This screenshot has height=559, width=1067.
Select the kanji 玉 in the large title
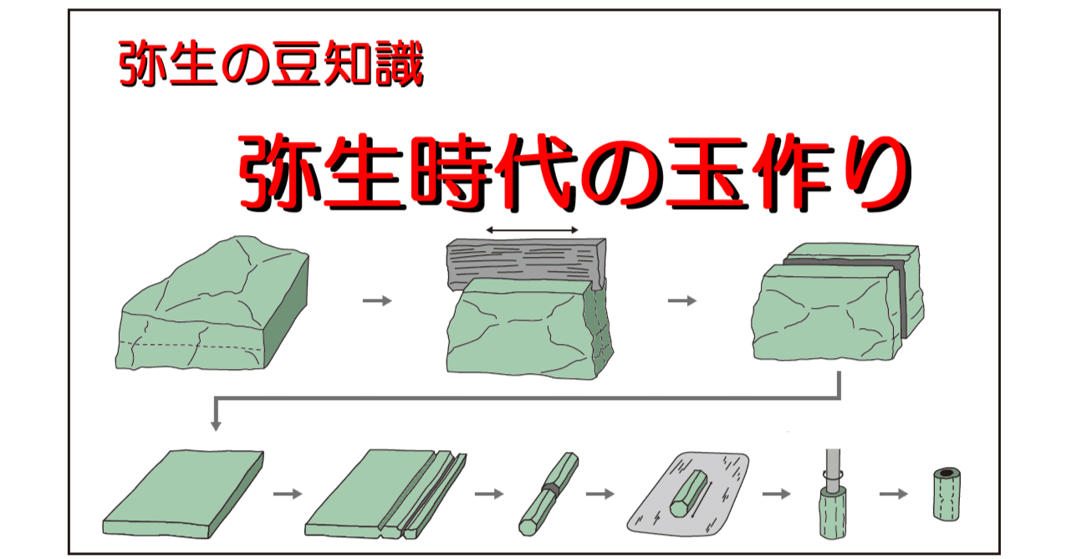[x=706, y=172]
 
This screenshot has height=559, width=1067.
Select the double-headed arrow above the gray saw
[x=532, y=230]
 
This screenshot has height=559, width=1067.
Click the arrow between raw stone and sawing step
[x=377, y=300]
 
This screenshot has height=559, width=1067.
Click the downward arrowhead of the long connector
[x=216, y=425]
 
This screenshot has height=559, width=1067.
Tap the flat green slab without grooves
[x=183, y=495]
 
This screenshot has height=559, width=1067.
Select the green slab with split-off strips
[x=385, y=495]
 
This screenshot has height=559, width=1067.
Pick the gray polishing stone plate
[x=688, y=493]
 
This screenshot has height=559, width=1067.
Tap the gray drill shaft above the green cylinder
[x=833, y=470]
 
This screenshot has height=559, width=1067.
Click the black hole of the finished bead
[x=947, y=473]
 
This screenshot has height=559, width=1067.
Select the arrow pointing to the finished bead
[x=894, y=494]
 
